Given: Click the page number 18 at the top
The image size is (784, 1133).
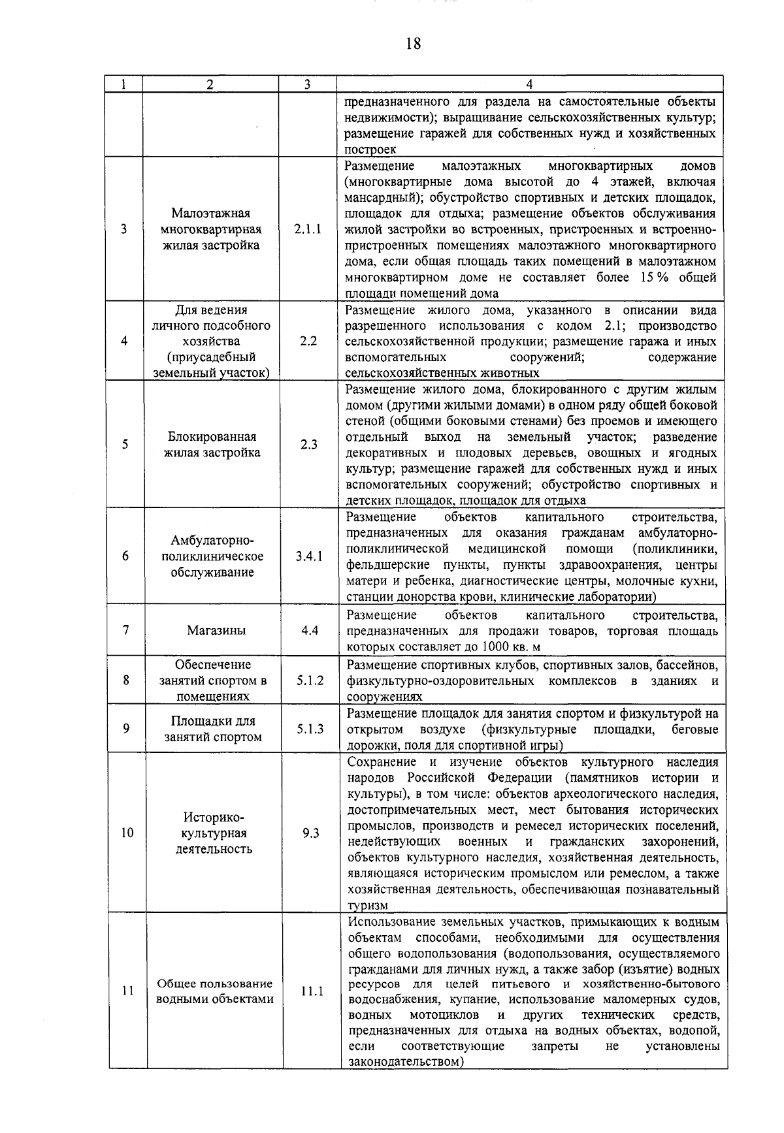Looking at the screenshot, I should tap(413, 44).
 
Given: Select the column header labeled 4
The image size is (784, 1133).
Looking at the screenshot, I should tap(529, 84).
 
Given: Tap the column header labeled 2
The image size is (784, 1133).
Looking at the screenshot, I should tap(210, 84).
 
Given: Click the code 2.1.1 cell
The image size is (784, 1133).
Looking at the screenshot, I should tap(307, 229).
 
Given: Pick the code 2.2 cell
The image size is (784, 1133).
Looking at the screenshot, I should tap(308, 341).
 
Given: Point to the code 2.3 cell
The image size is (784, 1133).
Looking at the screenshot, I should tap(308, 445).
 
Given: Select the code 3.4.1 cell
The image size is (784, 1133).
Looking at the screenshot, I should tap(308, 556).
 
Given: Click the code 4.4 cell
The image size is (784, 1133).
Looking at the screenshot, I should tap(309, 631).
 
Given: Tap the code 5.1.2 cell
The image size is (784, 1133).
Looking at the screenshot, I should tap(310, 680).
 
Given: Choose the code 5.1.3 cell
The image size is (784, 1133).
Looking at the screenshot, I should tap(310, 729).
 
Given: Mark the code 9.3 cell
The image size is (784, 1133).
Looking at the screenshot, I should tap(310, 833).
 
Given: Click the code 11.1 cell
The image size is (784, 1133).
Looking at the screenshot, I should tap(312, 991).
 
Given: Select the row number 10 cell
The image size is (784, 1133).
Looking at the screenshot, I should tap(127, 833).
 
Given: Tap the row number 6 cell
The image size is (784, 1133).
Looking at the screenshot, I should tap(125, 556).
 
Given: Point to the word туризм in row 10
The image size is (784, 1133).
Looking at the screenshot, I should tap(368, 905).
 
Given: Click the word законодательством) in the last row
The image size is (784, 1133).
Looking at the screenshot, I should tap(405, 1062).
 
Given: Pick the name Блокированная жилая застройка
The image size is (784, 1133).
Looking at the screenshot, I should tap(211, 445).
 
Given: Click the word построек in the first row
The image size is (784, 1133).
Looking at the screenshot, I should tap(370, 150).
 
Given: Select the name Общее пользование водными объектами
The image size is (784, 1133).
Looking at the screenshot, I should tap(215, 991).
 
